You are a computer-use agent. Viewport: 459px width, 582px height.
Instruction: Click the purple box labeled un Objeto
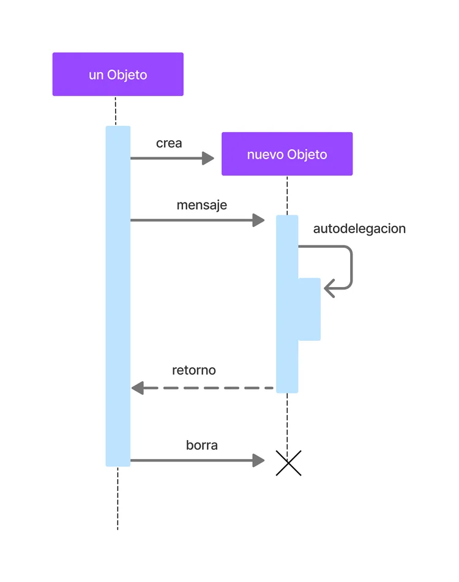[118, 74]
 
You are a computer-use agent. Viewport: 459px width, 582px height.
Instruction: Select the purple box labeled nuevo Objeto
[287, 154]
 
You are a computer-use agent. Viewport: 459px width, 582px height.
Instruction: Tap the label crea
[169, 143]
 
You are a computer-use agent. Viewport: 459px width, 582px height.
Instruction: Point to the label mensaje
[201, 205]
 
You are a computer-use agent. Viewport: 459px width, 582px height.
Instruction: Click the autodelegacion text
[359, 229]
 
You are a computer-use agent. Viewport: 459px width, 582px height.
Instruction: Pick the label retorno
[193, 370]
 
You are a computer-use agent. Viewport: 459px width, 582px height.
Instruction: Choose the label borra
[201, 445]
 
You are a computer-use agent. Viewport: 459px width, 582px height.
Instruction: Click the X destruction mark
[288, 463]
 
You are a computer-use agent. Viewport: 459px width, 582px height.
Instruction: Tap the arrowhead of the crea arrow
[208, 159]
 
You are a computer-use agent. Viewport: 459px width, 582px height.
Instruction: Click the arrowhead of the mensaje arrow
[258, 220]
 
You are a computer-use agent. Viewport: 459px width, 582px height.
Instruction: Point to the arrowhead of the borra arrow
[258, 460]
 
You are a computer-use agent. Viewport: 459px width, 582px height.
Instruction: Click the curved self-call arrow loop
[351, 267]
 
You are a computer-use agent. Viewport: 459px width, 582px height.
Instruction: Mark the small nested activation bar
[310, 309]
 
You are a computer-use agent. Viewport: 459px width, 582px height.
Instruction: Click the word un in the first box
[96, 75]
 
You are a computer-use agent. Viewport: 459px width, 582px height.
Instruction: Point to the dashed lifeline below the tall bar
[118, 498]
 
